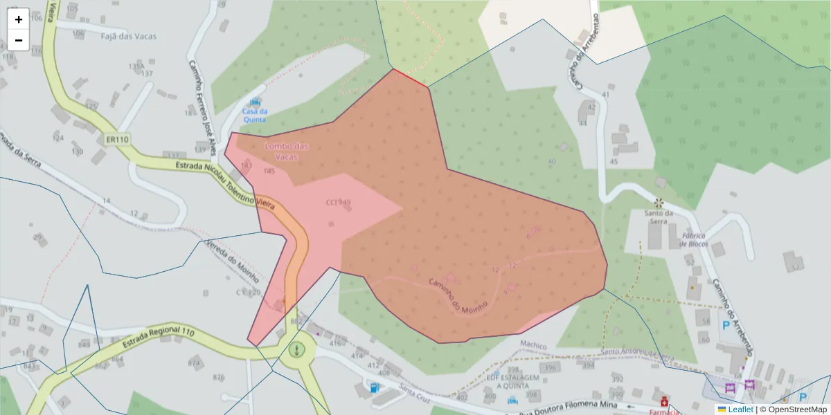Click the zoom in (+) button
(19, 19)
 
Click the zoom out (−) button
(19, 40)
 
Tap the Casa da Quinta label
(255, 115)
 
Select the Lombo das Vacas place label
(287, 151)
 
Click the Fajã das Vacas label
(129, 36)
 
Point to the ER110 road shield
(117, 140)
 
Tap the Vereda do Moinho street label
(233, 261)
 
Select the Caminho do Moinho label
(458, 293)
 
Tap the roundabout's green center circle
(297, 350)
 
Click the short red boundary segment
(411, 77)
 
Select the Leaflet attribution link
(740, 409)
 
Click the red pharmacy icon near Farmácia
(665, 400)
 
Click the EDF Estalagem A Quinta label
(512, 382)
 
